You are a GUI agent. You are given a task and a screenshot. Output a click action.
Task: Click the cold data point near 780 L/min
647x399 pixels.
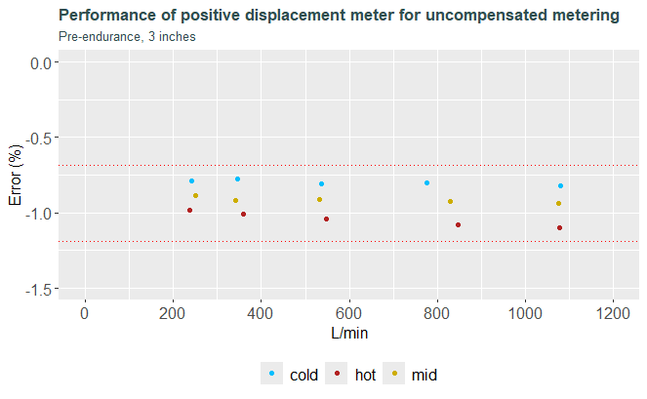pyautogui.click(x=426, y=182)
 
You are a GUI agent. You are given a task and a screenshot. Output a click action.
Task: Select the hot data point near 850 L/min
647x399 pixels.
pyautogui.click(x=458, y=225)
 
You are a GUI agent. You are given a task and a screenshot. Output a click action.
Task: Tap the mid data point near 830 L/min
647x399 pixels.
pyautogui.click(x=450, y=201)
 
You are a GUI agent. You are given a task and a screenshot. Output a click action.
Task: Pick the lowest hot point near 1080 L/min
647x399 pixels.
pyautogui.click(x=559, y=227)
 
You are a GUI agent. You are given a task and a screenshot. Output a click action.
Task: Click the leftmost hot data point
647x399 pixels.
pyautogui.click(x=190, y=210)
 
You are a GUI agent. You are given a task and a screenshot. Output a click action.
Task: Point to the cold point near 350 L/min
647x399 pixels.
pyautogui.click(x=237, y=180)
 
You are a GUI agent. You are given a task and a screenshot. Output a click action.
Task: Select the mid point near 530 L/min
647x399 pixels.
pyautogui.click(x=319, y=200)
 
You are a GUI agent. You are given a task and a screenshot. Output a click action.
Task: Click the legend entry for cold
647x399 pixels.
pyautogui.click(x=290, y=374)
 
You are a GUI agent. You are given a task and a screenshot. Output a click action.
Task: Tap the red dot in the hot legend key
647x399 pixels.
pyautogui.click(x=337, y=374)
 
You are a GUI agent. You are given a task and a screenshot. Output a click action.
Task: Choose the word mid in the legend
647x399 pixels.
pyautogui.click(x=425, y=375)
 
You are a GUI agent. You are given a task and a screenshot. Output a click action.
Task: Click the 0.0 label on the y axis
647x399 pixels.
pyautogui.click(x=41, y=63)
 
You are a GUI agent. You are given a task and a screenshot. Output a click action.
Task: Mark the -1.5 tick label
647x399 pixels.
pyautogui.click(x=38, y=290)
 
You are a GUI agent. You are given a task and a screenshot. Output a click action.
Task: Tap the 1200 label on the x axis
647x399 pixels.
pyautogui.click(x=613, y=313)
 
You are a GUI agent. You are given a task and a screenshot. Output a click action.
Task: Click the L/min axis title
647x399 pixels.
pyautogui.click(x=349, y=333)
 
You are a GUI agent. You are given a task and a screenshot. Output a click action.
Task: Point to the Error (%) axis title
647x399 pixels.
pyautogui.click(x=16, y=175)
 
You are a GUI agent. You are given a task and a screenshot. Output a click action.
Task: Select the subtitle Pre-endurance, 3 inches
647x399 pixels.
pyautogui.click(x=127, y=37)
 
